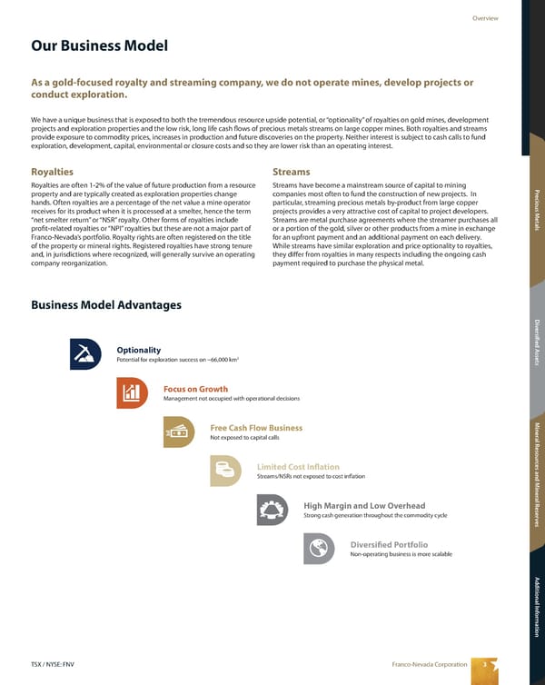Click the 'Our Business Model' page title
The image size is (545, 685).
99,46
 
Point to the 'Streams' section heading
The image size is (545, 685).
291,171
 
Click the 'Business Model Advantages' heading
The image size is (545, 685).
106,304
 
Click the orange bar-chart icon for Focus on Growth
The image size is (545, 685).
133,392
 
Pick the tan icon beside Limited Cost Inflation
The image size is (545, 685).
226,471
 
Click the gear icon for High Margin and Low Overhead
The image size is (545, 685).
272,510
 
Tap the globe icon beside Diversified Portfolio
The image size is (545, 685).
319,549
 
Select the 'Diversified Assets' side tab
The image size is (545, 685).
536,342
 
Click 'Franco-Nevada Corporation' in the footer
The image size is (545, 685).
429,664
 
